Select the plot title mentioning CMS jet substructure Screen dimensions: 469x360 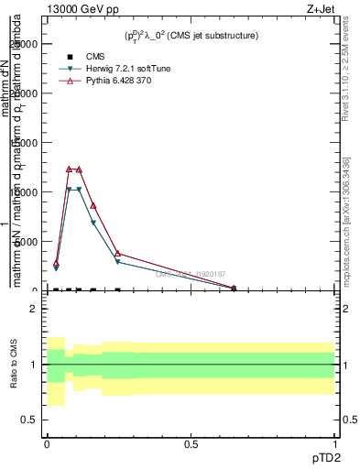191,36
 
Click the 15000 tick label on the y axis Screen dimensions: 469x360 26,143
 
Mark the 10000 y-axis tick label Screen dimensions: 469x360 26,192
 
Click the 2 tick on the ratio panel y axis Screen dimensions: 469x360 34,310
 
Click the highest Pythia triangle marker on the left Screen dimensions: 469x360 69,169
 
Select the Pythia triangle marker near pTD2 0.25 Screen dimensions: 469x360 118,253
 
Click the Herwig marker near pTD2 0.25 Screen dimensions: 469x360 118,262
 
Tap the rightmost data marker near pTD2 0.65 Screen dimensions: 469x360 234,288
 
